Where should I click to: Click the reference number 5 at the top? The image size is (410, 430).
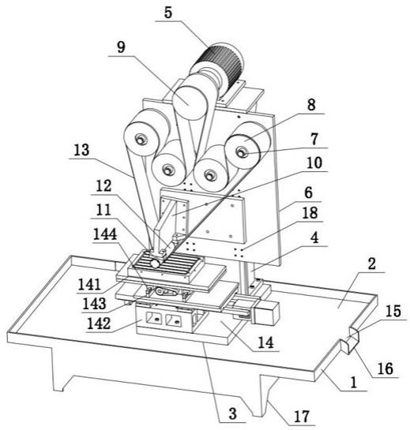(168, 13)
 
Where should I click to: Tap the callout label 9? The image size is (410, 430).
(121, 47)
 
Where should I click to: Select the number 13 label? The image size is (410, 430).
(82, 150)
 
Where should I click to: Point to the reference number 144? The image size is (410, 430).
(105, 234)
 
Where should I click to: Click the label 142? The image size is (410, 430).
(99, 323)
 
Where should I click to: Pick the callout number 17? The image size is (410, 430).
(302, 417)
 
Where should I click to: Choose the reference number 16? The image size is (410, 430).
(386, 368)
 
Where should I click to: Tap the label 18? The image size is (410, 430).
(310, 213)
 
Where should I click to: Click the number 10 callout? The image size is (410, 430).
(314, 163)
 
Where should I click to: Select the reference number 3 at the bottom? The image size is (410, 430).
(232, 413)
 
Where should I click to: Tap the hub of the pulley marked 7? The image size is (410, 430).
(243, 151)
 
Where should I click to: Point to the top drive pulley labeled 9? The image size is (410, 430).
(190, 102)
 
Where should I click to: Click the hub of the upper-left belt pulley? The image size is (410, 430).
(141, 140)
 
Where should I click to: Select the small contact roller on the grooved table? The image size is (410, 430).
(155, 264)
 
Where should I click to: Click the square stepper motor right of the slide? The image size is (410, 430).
(265, 312)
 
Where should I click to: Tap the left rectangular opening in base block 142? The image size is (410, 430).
(152, 318)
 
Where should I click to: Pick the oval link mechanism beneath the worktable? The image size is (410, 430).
(166, 292)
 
